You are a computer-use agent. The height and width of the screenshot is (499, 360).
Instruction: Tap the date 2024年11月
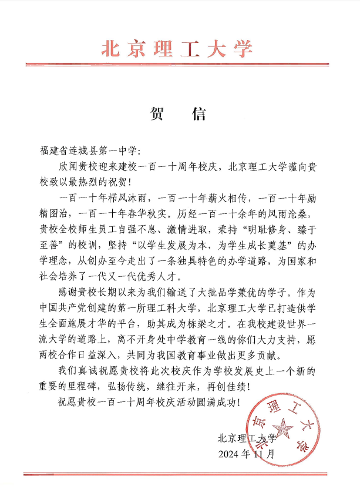pyautogui.click(x=246, y=454)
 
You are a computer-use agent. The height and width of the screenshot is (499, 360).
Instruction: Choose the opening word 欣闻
pyautogui.click(x=68, y=167)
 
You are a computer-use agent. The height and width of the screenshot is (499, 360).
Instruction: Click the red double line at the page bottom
pyautogui.click(x=179, y=473)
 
